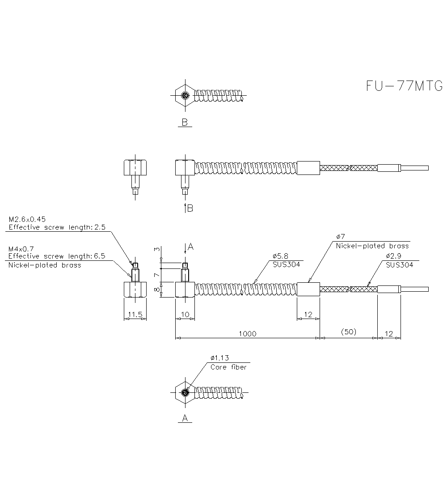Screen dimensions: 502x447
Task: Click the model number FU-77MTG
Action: pos(404,86)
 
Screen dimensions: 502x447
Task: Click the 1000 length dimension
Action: pos(247,333)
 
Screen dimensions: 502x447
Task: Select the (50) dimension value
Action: pos(348,332)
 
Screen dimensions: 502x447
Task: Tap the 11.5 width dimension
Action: pos(135,315)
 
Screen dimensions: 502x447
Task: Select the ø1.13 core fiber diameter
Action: pos(219,358)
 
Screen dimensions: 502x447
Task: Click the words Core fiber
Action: pos(228,367)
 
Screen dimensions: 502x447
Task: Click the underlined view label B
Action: pos(184,123)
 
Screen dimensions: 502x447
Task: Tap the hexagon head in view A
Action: pos(185,393)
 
